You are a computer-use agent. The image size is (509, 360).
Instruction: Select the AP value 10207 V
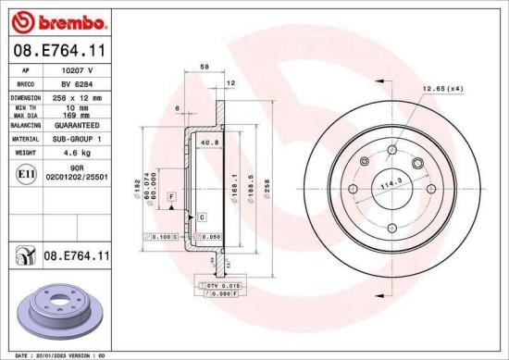click(77, 69)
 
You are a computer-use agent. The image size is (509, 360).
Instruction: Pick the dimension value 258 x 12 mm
click(77, 96)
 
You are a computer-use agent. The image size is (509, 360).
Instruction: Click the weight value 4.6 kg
click(77, 152)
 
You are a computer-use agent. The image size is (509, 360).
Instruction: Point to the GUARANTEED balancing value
click(77, 124)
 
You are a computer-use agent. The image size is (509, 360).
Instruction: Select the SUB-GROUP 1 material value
click(77, 138)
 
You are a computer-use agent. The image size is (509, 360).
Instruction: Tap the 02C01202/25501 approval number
click(77, 177)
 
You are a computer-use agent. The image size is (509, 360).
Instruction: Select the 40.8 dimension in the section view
click(209, 143)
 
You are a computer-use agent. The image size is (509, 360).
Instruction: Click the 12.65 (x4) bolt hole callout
click(441, 89)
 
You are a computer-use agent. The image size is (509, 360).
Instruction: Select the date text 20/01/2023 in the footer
click(45, 354)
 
